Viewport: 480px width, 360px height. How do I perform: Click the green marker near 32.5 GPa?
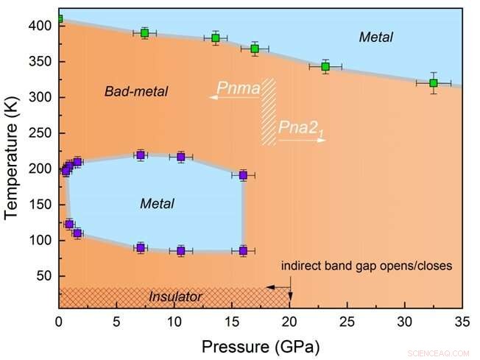point(434,83)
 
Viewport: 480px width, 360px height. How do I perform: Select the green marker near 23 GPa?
point(325,67)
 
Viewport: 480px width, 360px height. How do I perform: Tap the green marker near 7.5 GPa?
point(145,33)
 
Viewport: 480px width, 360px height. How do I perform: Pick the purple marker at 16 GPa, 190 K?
point(243,175)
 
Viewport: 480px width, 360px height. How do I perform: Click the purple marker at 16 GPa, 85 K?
point(243,251)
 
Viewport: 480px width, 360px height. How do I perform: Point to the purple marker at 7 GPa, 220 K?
point(140,155)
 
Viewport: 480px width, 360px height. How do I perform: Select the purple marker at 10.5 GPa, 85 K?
point(180,251)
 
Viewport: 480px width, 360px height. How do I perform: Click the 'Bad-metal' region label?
point(136,92)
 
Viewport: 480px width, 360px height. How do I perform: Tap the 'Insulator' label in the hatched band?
point(176,297)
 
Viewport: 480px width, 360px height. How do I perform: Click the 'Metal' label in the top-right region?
point(375,37)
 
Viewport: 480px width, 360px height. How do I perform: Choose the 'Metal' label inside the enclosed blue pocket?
point(157,203)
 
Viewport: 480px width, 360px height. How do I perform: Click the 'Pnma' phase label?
point(238,89)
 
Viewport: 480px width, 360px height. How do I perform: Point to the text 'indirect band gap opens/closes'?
point(365,266)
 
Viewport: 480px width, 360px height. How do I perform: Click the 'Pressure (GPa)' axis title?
point(260,344)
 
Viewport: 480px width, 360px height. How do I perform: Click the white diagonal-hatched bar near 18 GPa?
point(269,112)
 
